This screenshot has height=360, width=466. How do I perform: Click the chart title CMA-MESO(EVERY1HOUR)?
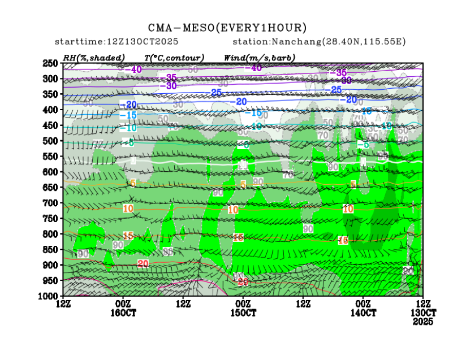227,28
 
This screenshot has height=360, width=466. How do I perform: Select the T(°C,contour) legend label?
174,57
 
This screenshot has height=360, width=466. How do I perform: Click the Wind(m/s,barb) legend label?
260,57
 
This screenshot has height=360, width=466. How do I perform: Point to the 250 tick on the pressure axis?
50,63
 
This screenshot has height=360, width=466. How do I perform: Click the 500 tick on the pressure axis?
50,141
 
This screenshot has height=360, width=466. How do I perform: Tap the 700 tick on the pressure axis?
50,203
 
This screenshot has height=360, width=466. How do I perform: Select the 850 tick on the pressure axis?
50,249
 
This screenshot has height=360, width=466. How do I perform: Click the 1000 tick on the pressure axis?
49,296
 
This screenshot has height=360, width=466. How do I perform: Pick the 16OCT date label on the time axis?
123,313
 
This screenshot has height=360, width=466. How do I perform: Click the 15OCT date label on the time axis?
243,313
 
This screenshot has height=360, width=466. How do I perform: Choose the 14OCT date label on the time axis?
364,313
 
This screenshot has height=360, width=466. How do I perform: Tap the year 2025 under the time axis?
423,321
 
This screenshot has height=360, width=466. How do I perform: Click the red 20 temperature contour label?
143,263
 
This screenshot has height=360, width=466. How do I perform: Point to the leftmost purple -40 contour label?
134,70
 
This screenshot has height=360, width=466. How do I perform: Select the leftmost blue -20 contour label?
128,105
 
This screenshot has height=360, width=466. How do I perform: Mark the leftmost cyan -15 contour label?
128,115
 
